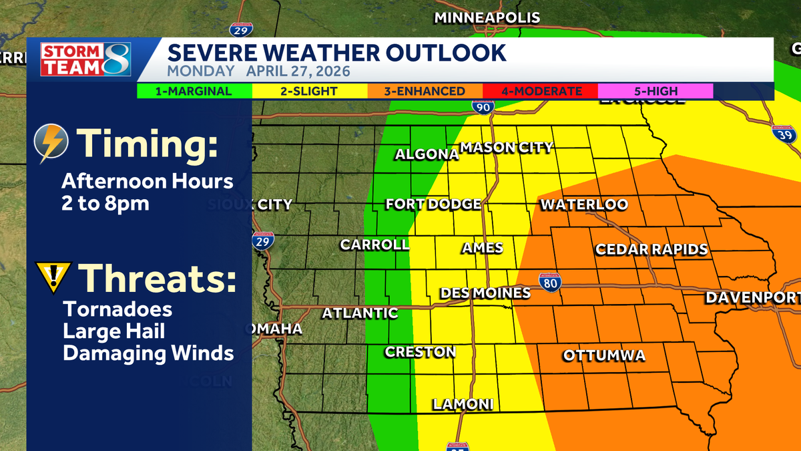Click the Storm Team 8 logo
click(85, 59)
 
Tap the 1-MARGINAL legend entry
click(194, 92)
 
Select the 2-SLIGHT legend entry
click(308, 92)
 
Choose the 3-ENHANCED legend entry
click(425, 92)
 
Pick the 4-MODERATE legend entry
click(541, 92)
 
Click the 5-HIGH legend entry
click(655, 92)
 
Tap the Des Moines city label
click(485, 293)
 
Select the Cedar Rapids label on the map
click(651, 250)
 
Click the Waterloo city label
click(584, 204)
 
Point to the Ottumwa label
click(604, 355)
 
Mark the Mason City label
click(507, 148)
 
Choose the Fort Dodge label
click(433, 204)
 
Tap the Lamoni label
click(463, 404)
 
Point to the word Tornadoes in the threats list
click(117, 310)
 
